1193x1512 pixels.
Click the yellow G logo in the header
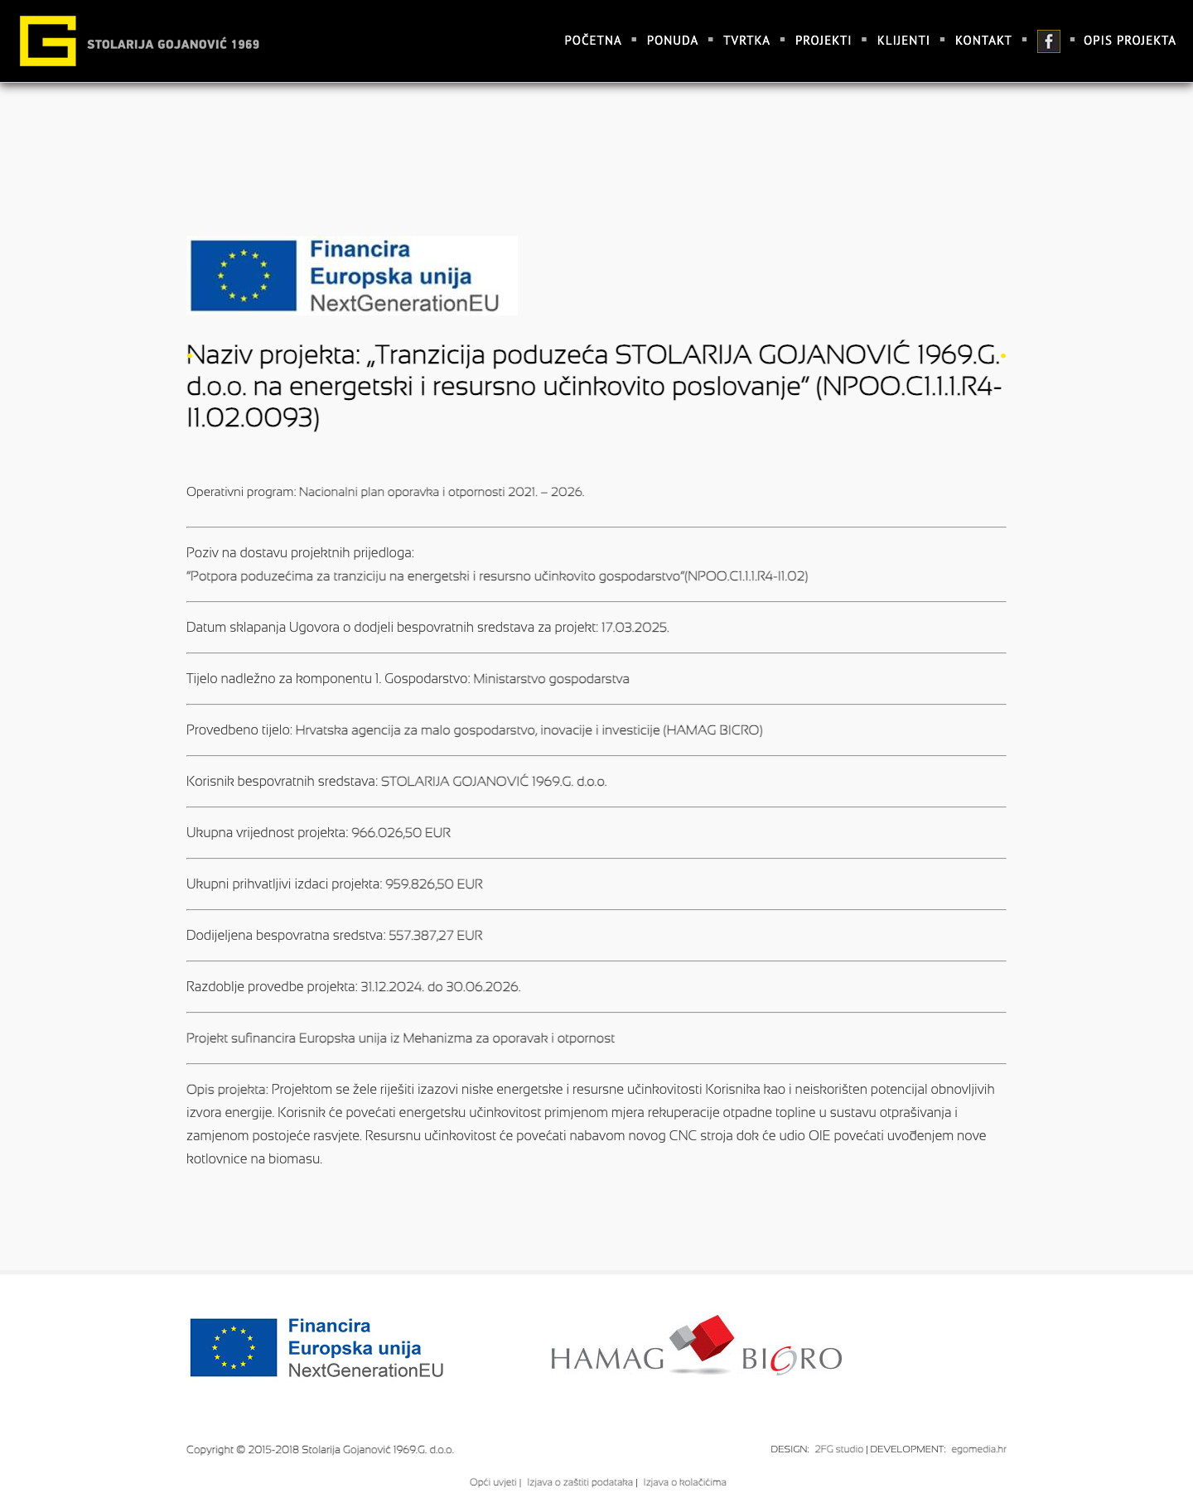(48, 41)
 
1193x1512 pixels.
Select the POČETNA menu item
(592, 41)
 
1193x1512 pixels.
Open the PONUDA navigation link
(672, 41)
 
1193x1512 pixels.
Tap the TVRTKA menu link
(746, 41)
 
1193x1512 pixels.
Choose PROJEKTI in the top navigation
(823, 41)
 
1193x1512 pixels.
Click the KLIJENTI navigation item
(903, 41)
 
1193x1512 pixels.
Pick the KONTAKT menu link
(983, 41)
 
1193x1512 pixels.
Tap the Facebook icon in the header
(1048, 41)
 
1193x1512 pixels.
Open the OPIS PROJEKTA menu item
(1129, 41)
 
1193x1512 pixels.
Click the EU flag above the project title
(244, 276)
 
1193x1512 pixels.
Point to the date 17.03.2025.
(635, 628)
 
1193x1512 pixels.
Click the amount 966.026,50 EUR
(401, 833)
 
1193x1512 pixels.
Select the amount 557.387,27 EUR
(436, 936)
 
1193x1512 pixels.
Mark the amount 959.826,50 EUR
(434, 884)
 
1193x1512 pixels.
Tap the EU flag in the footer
(234, 1347)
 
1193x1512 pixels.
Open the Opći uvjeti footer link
(493, 1482)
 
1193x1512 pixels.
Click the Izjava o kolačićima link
(684, 1482)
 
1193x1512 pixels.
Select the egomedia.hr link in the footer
(978, 1449)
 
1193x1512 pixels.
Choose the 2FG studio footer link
(838, 1449)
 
